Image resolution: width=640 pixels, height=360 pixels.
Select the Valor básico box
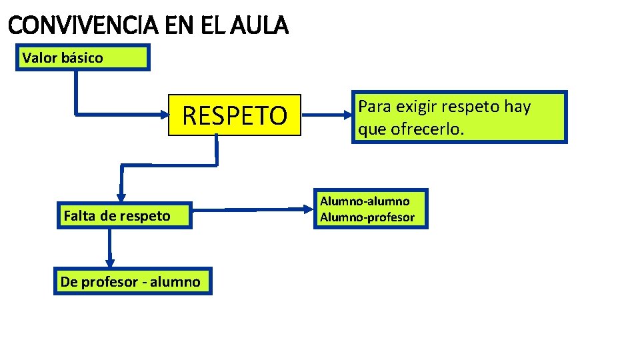(x=83, y=57)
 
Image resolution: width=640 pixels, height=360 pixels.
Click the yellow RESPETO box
(x=235, y=116)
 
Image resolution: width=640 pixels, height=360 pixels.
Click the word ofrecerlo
(x=426, y=129)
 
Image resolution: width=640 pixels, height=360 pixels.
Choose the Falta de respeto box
(x=124, y=215)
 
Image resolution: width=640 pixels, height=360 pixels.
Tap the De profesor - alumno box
(x=132, y=281)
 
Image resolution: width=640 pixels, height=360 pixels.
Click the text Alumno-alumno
(x=365, y=201)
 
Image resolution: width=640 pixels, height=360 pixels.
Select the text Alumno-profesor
(x=367, y=217)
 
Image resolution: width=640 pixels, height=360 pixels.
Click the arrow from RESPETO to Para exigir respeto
(x=327, y=115)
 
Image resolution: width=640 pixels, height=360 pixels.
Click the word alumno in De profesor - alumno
(x=175, y=281)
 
